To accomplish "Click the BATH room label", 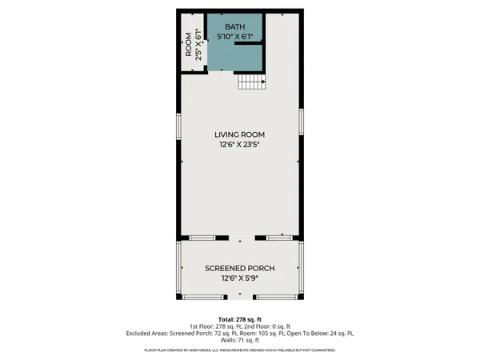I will (235, 26).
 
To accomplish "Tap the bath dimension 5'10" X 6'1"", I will (235, 36).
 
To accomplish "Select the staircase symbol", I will (250, 81).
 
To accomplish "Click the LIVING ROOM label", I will (239, 134).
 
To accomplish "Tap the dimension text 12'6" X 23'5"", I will (239, 145).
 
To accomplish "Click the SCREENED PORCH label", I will (239, 267).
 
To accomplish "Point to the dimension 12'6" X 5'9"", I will (239, 278).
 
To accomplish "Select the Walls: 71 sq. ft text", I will (239, 340).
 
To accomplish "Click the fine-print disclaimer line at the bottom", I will (239, 350).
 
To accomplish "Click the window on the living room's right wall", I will (301, 120).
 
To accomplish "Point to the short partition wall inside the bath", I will (250, 44).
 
